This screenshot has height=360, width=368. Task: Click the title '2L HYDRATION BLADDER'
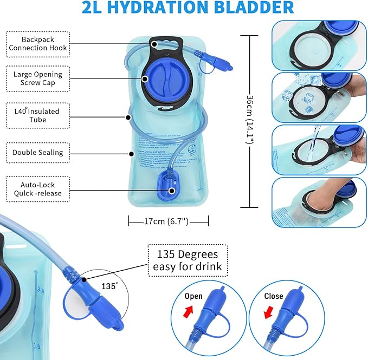(189, 8)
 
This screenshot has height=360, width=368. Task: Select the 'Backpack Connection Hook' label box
(38, 44)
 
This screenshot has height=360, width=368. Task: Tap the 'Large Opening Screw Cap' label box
(38, 78)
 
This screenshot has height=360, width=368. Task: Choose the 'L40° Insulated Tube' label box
(38, 115)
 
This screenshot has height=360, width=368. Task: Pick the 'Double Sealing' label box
(38, 153)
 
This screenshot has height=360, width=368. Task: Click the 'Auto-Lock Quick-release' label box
(38, 189)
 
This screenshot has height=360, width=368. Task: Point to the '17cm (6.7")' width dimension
(169, 221)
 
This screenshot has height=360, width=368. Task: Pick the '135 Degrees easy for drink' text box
(188, 260)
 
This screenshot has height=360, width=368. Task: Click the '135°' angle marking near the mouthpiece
(110, 286)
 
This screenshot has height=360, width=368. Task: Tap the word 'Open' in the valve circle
(193, 296)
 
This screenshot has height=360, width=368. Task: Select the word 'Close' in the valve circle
(274, 296)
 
